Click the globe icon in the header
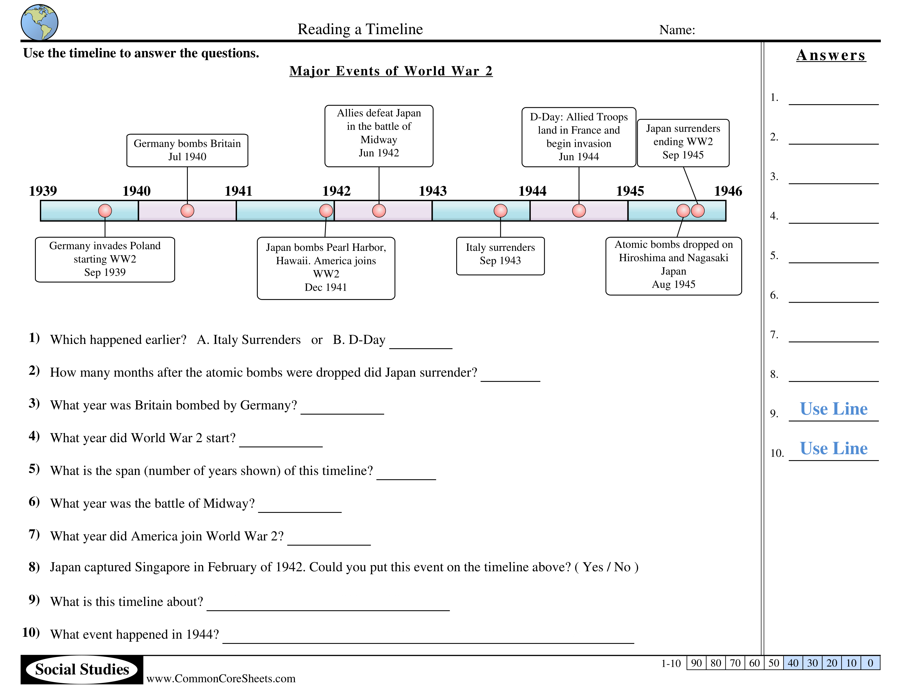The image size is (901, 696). [39, 22]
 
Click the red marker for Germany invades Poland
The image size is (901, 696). [105, 211]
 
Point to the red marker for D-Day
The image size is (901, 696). [579, 211]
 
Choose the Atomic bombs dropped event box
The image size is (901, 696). [673, 266]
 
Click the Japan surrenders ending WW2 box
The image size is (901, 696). [683, 143]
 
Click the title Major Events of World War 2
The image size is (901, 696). [391, 71]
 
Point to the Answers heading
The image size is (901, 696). [831, 55]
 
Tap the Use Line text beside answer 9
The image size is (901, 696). [833, 409]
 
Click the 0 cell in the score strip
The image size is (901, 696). [870, 663]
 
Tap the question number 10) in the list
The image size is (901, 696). [31, 632]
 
